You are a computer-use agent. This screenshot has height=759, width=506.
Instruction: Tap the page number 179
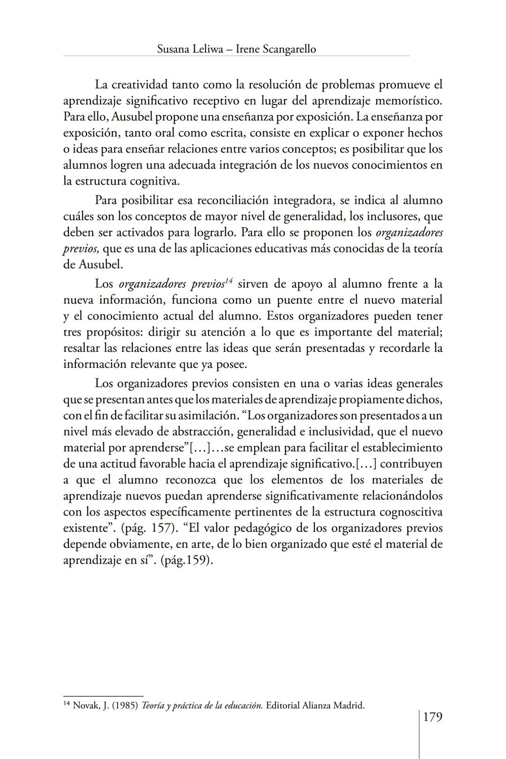point(432,717)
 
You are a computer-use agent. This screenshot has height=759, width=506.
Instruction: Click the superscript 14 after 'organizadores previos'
point(229,281)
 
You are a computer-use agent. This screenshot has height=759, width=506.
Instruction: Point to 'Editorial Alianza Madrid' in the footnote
point(315,705)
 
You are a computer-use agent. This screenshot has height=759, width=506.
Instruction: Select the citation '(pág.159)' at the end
point(187,560)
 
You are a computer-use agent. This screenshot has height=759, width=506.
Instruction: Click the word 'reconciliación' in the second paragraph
point(232,201)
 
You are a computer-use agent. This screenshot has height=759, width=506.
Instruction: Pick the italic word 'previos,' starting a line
point(81,249)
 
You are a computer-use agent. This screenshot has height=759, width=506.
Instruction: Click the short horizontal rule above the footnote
point(103,696)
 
